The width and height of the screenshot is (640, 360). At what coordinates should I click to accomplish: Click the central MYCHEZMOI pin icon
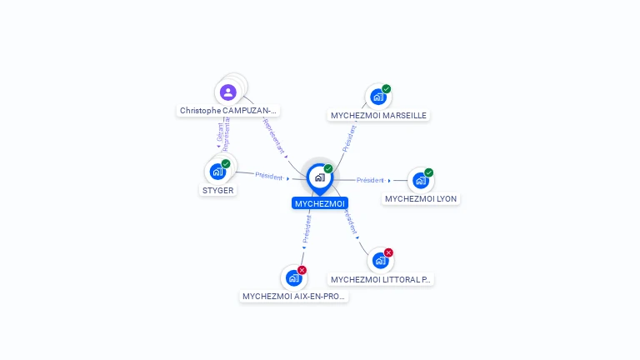tap(319, 177)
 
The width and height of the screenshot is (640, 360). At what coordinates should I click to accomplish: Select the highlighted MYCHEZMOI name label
tap(319, 203)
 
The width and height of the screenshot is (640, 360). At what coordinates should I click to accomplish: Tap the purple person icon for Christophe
tap(228, 92)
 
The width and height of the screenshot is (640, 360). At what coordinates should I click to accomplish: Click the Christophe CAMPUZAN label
tap(228, 111)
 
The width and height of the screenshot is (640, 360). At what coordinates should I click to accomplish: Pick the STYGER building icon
tap(217, 172)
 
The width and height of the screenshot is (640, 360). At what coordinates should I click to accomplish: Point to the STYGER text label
tap(218, 190)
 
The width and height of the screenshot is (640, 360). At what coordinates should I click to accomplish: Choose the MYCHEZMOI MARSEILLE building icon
tap(378, 97)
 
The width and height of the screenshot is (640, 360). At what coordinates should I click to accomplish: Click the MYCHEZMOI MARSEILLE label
tap(378, 116)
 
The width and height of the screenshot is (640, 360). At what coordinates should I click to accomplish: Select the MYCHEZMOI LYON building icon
tap(421, 180)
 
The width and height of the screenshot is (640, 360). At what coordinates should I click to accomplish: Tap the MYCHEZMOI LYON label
tap(421, 199)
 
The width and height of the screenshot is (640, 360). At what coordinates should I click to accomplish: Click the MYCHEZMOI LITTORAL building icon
tap(381, 261)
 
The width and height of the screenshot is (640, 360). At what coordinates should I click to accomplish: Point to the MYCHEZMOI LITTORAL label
tap(381, 280)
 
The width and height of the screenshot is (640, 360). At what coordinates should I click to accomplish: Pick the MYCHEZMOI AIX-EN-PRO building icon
tap(293, 277)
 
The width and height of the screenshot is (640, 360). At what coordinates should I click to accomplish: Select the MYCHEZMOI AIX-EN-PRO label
tap(293, 297)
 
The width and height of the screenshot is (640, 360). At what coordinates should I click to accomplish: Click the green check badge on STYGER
tap(226, 163)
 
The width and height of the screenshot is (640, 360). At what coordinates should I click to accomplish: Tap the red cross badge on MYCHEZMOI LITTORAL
tap(388, 252)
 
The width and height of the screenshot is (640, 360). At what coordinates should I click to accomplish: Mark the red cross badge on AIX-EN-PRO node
tap(302, 270)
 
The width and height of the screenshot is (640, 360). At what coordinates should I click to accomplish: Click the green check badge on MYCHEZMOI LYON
tap(428, 172)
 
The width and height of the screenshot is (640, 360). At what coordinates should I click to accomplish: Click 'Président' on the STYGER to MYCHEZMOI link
tap(268, 176)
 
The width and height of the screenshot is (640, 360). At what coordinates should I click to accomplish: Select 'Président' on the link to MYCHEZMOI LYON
tap(370, 180)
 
